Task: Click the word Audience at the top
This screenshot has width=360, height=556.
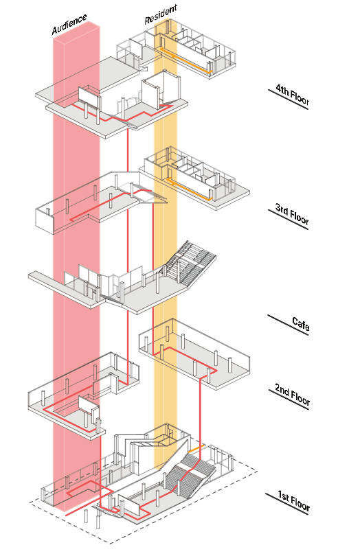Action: [69, 25]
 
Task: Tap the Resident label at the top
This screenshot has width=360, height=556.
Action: [161, 14]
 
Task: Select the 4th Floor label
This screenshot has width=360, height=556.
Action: [293, 95]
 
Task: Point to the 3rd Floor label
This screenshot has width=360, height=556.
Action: [292, 214]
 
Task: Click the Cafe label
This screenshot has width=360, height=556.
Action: [300, 324]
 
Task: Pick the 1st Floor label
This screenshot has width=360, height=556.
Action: [294, 500]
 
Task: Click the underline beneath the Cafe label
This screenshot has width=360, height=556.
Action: [288, 325]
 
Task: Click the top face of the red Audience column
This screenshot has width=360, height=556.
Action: [76, 30]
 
